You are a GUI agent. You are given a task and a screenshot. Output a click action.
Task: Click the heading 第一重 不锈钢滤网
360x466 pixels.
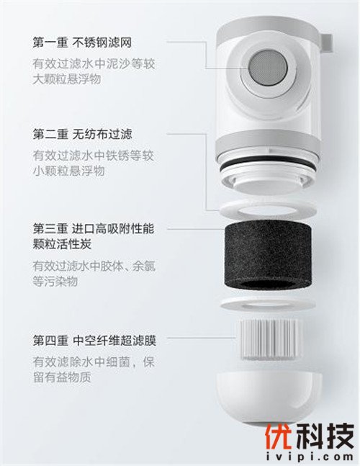(x=82, y=42)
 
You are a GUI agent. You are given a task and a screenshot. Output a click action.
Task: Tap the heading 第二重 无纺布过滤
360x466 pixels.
(x=82, y=135)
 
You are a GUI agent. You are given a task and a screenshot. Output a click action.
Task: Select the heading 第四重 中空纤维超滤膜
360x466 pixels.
(x=94, y=340)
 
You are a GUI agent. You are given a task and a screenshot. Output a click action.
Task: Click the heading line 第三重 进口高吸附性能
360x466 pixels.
(x=94, y=229)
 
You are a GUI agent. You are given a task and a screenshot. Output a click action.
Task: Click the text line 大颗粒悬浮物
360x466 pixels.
(x=67, y=79)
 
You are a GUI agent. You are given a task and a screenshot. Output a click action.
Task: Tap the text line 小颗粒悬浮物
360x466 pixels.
(x=68, y=171)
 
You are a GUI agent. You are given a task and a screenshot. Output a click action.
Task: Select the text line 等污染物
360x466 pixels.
(x=55, y=282)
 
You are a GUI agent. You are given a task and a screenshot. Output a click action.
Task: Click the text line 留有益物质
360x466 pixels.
(x=62, y=377)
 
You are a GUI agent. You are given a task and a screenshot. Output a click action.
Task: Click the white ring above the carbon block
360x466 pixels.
(x=268, y=210)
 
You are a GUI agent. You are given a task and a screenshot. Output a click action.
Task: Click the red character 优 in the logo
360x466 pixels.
(x=278, y=436)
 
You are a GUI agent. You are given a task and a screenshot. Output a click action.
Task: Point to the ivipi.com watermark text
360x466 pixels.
(x=309, y=457)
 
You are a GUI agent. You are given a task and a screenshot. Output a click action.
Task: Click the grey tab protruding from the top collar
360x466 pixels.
(x=326, y=45)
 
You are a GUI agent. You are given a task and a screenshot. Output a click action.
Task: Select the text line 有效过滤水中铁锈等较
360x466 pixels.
(x=94, y=156)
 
